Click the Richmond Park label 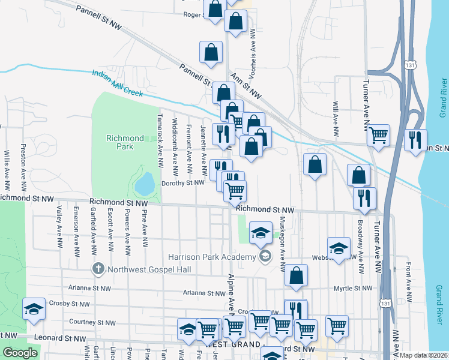pyautogui.click(x=125, y=142)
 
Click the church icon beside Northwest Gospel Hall pyautogui.click(x=98, y=269)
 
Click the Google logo pyautogui.click(x=20, y=353)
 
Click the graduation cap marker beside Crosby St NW pyautogui.click(x=34, y=310)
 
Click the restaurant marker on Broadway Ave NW pyautogui.click(x=364, y=198)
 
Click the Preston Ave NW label pyautogui.click(x=23, y=163)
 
